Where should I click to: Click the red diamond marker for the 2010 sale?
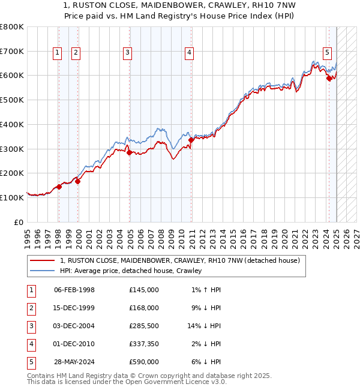click(191, 140)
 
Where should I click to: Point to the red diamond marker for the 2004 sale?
click(130, 153)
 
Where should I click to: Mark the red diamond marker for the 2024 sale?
click(329, 78)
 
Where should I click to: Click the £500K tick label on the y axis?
click(12, 100)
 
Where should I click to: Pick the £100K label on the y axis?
click(12, 197)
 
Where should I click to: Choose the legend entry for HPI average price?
click(131, 271)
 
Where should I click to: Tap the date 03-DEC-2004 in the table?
click(74, 326)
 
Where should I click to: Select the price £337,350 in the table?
click(144, 344)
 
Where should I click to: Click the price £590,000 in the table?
click(144, 362)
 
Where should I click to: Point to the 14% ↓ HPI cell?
click(205, 326)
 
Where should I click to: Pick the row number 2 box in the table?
click(30, 308)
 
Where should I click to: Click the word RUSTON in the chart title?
click(103, 5)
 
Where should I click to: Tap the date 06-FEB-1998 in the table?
click(74, 290)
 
